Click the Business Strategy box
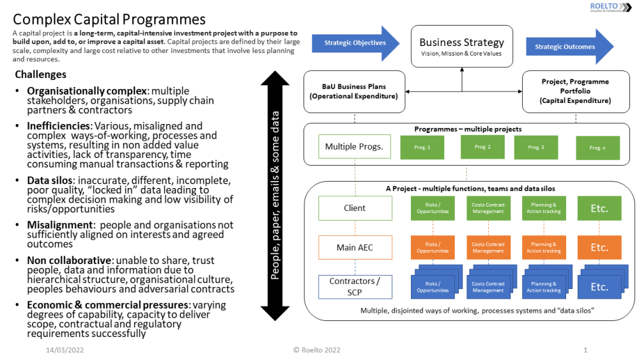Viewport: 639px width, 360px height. pos(461,47)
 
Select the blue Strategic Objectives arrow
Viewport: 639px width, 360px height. pos(355,43)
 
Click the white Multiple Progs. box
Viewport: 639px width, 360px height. pos(354,146)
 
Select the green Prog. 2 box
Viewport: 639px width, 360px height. pos(482,147)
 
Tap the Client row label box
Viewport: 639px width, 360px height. pos(355,208)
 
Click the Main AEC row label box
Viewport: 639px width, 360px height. pos(355,247)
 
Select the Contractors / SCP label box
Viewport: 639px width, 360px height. pos(355,286)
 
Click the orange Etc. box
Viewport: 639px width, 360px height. pos(599,247)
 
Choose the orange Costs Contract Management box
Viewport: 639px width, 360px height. pos(488,247)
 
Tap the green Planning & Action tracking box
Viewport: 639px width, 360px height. pos(543,208)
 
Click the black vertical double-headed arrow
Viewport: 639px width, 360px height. pos(275,195)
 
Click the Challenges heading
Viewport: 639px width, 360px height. pos(40,75)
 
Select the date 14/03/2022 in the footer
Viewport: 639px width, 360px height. pos(65,350)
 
